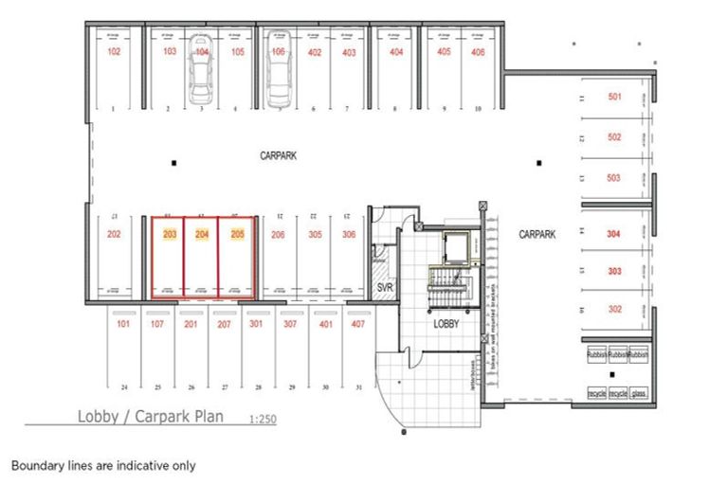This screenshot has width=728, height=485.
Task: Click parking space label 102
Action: pos(114,52)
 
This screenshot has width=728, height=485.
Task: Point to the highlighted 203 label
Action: pos(171,234)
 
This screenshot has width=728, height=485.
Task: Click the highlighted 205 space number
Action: pos(238,234)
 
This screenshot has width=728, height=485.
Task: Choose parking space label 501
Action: pos(614,97)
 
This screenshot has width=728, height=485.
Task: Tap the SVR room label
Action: pos(385,287)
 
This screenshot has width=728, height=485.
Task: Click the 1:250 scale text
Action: pos(263,419)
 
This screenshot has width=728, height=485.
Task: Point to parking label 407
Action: pos(357,325)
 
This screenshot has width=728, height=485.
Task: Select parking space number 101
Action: pos(122,325)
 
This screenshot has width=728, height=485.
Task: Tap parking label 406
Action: pos(478,52)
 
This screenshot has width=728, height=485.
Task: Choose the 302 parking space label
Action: pos(614,309)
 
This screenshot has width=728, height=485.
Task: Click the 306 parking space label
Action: pos(349,234)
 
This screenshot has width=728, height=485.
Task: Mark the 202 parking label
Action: pos(114,234)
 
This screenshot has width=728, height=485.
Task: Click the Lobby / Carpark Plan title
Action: pos(151,417)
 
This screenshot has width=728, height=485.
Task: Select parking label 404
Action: pos(396,52)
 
